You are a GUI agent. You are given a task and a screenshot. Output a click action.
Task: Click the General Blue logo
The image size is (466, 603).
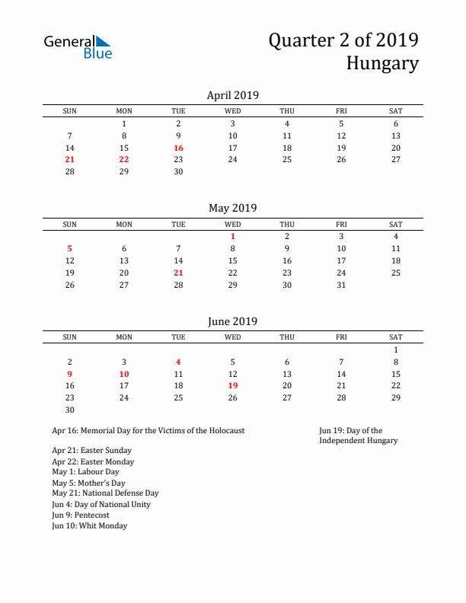(x=78, y=46)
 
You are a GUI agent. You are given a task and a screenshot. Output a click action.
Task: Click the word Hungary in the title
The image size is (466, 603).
(x=382, y=63)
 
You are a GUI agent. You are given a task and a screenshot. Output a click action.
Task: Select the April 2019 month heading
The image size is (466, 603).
(x=233, y=95)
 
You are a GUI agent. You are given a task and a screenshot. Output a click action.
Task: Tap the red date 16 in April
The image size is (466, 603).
(x=178, y=148)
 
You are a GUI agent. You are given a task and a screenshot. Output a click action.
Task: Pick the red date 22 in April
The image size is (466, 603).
(x=124, y=159)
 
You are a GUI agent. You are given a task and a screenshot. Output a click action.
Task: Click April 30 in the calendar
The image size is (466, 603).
(x=178, y=171)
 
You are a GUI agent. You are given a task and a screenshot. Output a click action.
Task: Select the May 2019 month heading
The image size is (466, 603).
(x=233, y=208)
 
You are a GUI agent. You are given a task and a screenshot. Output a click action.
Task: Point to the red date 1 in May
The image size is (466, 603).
(x=233, y=236)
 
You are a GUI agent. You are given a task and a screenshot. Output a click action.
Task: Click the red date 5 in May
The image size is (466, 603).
(x=70, y=248)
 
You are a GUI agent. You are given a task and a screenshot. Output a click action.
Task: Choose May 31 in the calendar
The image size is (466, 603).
(x=341, y=285)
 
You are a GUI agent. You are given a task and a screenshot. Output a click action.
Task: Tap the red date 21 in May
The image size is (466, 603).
(x=178, y=273)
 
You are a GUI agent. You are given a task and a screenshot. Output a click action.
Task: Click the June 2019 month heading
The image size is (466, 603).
(x=233, y=321)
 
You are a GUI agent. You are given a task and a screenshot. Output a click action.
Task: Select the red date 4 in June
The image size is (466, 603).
(x=178, y=362)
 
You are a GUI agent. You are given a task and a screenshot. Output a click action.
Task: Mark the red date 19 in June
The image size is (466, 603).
(x=233, y=385)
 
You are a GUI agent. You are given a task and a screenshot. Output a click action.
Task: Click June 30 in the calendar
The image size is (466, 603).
(x=70, y=410)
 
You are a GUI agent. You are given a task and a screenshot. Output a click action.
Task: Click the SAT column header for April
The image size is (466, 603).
(x=395, y=111)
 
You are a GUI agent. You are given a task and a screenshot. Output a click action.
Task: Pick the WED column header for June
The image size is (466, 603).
(x=233, y=337)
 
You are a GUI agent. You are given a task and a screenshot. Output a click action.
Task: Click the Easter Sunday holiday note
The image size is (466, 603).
(x=91, y=451)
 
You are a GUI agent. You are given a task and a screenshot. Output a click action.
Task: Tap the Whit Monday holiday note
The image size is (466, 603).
(x=90, y=525)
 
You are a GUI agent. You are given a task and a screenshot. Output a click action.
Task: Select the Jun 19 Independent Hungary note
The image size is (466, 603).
(x=358, y=435)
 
